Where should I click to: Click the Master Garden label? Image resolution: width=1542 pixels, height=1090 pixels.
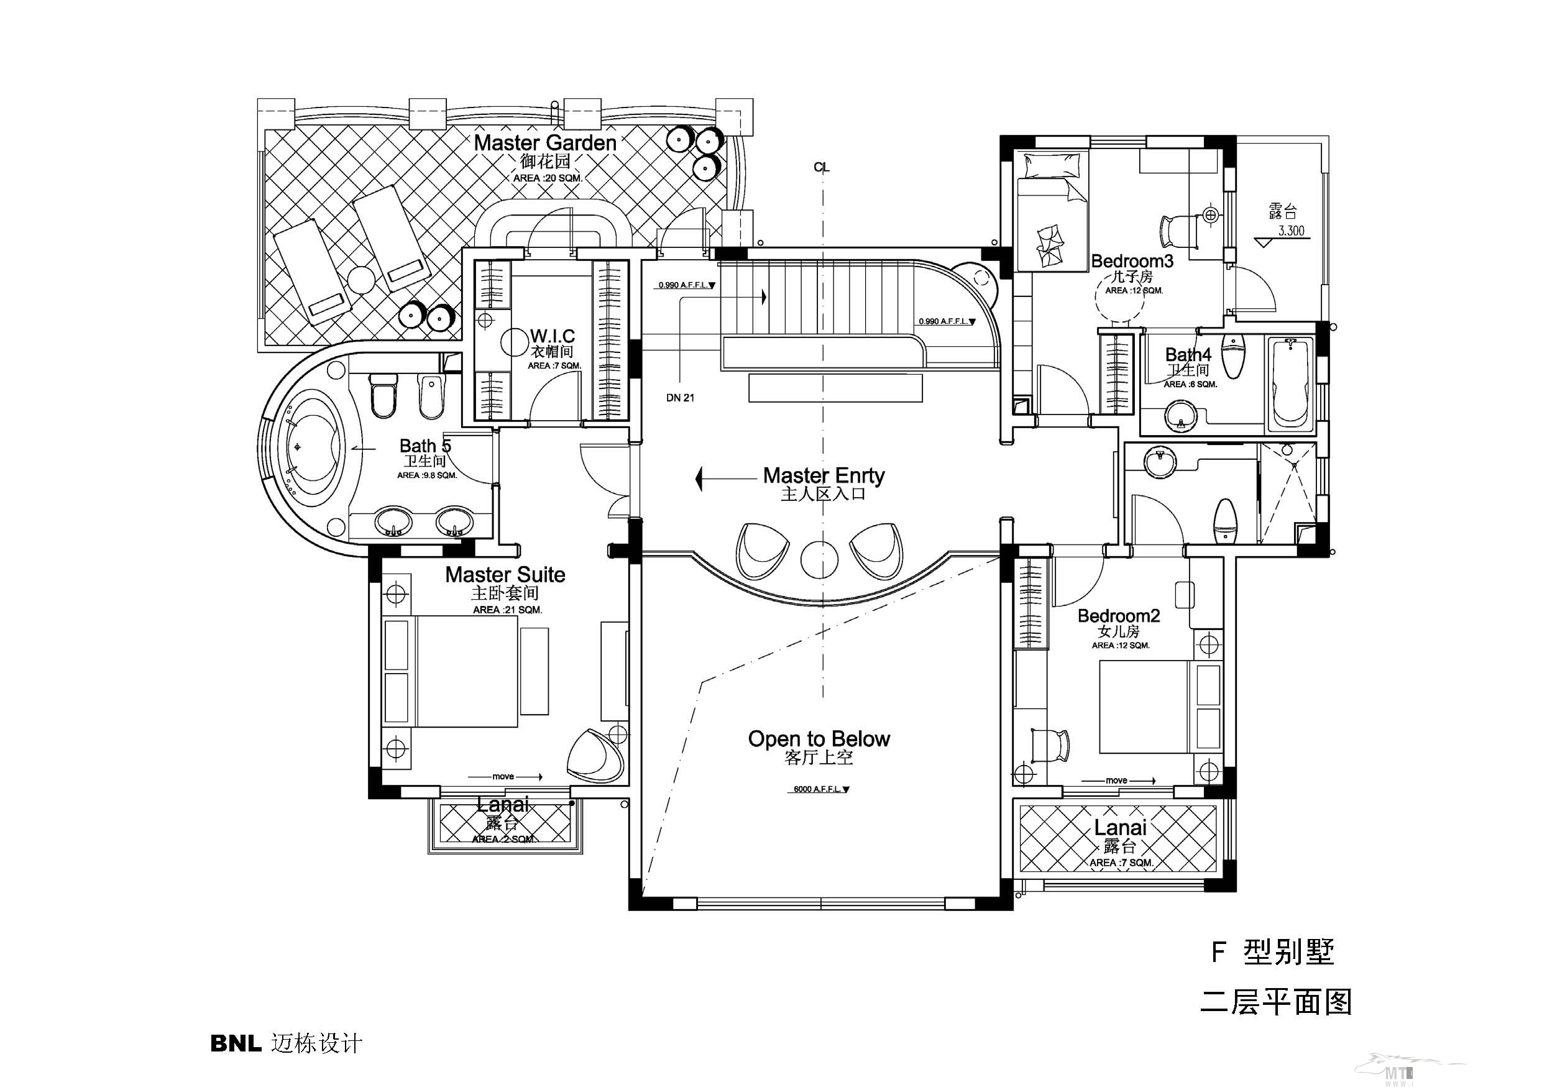[544, 142]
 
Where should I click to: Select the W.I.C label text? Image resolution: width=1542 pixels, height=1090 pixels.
[552, 335]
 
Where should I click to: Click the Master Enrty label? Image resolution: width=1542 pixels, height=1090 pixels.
[824, 475]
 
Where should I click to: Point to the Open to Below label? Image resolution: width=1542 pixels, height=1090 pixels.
[819, 739]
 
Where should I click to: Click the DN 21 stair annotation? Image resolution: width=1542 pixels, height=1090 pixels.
[680, 398]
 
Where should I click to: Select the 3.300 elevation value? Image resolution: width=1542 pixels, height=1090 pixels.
[1290, 231]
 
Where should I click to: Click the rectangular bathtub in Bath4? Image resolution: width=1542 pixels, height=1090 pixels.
[1290, 385]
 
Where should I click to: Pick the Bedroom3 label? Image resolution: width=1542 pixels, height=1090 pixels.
[1132, 260]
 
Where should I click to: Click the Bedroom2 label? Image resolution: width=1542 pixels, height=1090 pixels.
[1118, 615]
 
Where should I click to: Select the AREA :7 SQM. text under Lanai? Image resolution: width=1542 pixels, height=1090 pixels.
[1120, 863]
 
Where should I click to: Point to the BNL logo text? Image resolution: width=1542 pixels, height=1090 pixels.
[235, 1043]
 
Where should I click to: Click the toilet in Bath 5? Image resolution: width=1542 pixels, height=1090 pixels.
[383, 396]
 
